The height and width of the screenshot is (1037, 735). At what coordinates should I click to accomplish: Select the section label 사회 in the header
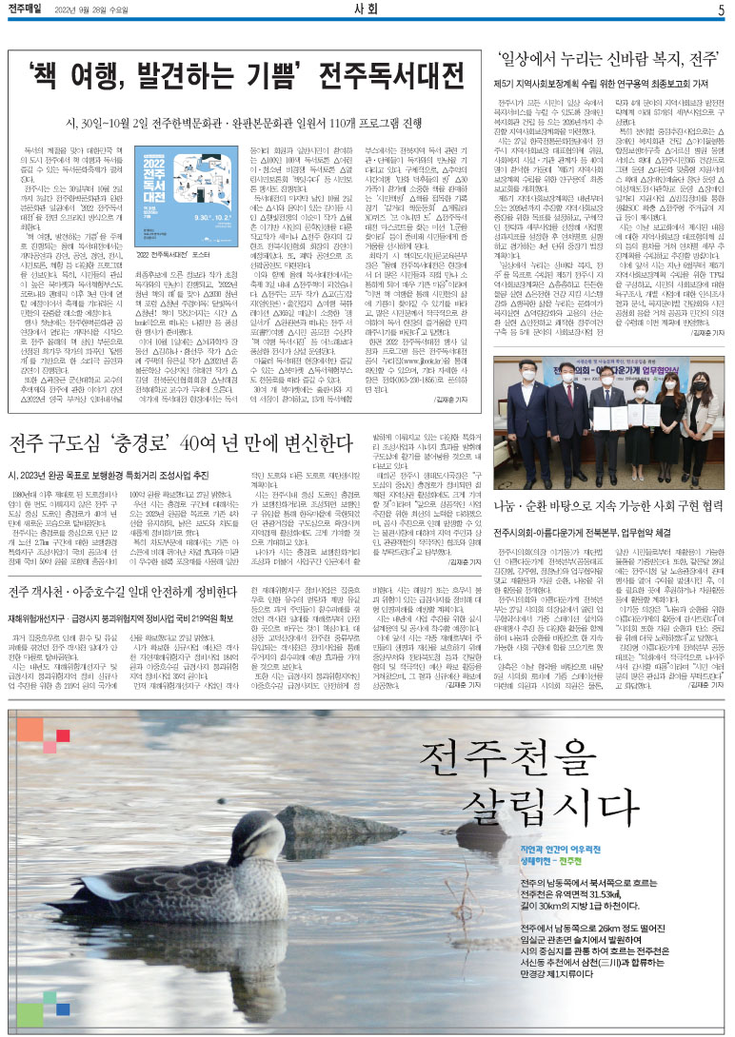pyautogui.click(x=367, y=10)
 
